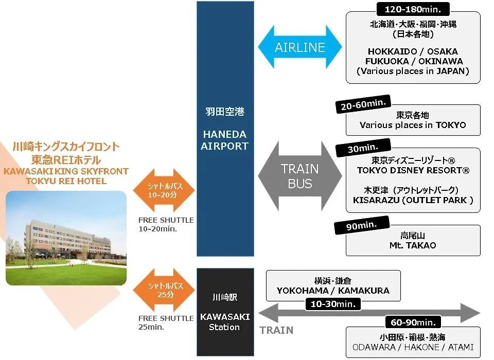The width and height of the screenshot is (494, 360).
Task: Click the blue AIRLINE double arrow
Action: click(299, 47)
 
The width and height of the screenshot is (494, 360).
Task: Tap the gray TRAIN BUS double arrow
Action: click(299, 176)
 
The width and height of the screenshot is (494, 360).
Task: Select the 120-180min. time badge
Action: click(413, 9)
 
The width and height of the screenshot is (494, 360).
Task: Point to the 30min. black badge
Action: click(363, 148)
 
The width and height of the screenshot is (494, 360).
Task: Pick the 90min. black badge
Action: click(362, 225)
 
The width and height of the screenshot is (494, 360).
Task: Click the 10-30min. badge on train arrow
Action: click(333, 304)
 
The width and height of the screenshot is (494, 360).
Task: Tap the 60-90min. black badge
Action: click(413, 322)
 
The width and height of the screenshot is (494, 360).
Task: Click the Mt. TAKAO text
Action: click(413, 245)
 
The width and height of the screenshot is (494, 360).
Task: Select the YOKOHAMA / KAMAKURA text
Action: click(333, 291)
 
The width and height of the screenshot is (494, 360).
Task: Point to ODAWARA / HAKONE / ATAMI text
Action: click(413, 347)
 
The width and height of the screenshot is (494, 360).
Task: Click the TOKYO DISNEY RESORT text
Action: click(413, 170)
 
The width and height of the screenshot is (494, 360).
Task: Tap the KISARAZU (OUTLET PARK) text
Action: click(413, 201)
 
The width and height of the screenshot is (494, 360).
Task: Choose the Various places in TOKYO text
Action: click(413, 125)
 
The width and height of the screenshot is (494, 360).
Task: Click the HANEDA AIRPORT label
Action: click(225, 140)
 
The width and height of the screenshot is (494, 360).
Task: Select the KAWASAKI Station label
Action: click(225, 322)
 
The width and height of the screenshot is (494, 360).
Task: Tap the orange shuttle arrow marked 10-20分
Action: click(164, 190)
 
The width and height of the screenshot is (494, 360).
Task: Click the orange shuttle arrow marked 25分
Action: click(164, 290)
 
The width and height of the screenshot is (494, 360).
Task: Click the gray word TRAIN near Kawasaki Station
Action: click(276, 330)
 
